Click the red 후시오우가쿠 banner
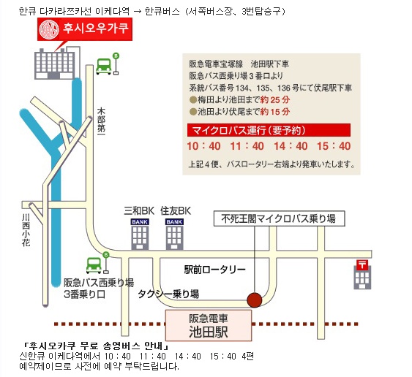click(85, 29)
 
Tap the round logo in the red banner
click(49, 29)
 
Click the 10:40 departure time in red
click(203, 146)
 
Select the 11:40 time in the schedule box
click(247, 146)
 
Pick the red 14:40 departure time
click(291, 146)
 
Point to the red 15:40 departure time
click(334, 146)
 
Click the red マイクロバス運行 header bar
click(269, 130)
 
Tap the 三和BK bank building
click(140, 234)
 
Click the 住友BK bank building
click(174, 234)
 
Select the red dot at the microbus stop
click(255, 300)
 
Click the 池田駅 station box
click(209, 325)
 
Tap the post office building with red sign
click(362, 275)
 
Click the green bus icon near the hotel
click(103, 66)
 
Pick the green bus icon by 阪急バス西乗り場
click(94, 265)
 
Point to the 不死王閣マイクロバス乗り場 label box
click(279, 218)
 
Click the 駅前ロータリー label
click(214, 270)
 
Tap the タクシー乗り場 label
click(168, 294)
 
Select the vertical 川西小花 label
click(26, 230)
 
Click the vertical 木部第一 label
click(101, 121)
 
